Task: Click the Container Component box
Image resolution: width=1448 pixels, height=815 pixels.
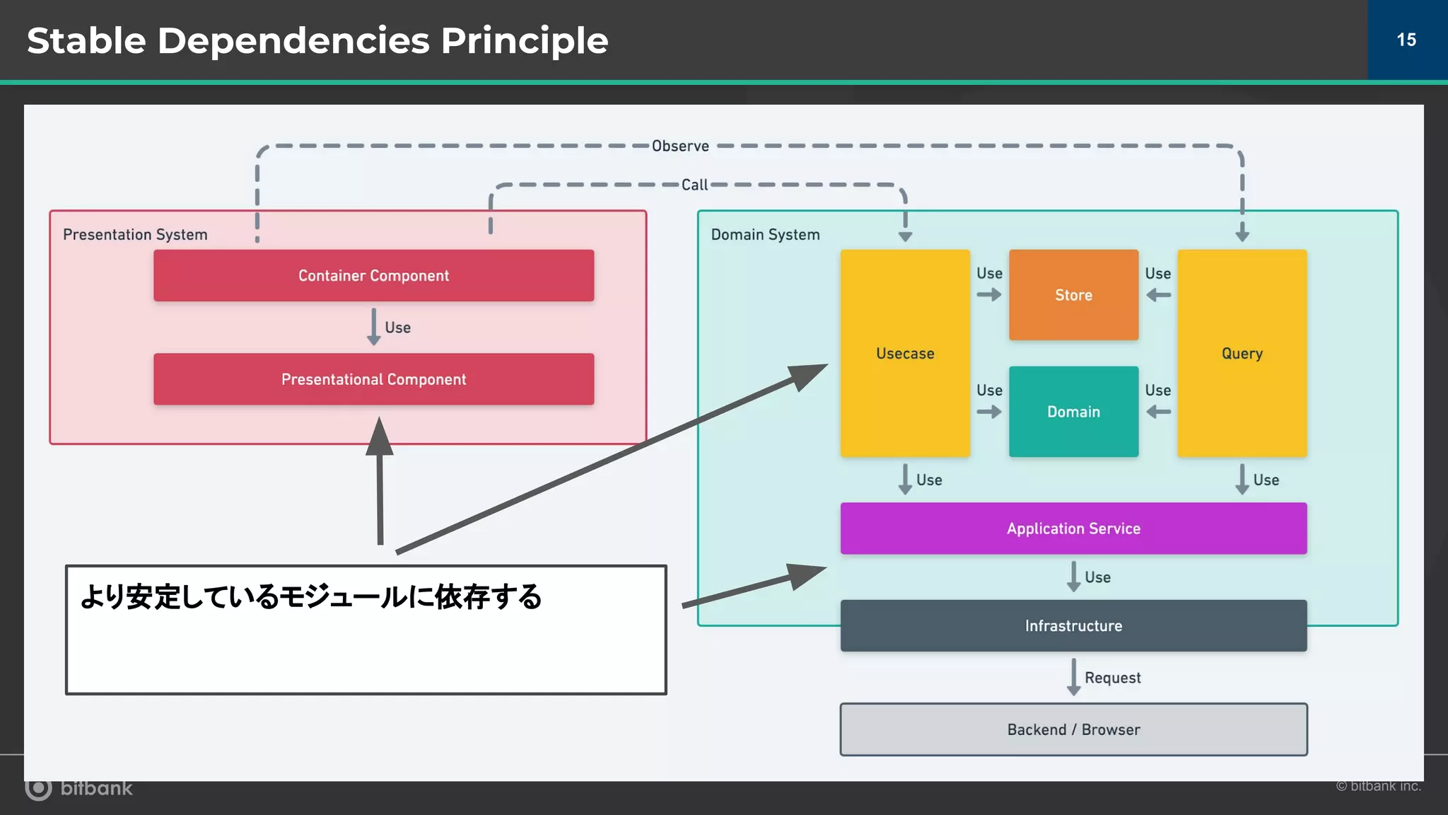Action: [373, 275]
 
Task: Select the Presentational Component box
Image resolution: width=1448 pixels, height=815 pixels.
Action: [373, 379]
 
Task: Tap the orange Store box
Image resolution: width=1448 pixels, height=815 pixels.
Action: [1073, 295]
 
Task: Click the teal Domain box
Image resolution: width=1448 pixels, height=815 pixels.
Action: [1073, 412]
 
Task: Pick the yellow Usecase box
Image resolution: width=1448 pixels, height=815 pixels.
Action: [905, 353]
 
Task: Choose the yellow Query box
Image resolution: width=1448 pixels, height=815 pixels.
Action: [1242, 353]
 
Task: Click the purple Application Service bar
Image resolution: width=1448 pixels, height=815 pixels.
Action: [1073, 528]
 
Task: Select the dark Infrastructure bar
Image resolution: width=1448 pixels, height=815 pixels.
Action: [1073, 625]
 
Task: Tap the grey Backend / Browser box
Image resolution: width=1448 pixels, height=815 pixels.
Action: [1073, 729]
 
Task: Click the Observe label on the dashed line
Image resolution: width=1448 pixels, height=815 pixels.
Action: [680, 146]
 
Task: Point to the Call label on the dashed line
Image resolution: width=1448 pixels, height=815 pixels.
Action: [694, 185]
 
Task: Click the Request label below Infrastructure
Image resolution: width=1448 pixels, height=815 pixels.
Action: [1112, 678]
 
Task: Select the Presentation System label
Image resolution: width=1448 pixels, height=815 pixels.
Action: [135, 234]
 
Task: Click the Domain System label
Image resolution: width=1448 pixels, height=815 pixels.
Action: [765, 234]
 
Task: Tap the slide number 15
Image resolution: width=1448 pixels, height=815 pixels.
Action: [1406, 40]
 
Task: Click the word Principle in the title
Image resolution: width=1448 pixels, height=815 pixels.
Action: [524, 40]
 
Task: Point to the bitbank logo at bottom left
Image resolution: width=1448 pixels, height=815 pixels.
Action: [78, 787]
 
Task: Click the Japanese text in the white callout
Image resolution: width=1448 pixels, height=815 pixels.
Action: [311, 596]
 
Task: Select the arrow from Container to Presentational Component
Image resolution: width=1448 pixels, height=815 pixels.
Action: [374, 327]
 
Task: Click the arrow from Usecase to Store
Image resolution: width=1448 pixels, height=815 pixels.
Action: [989, 295]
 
